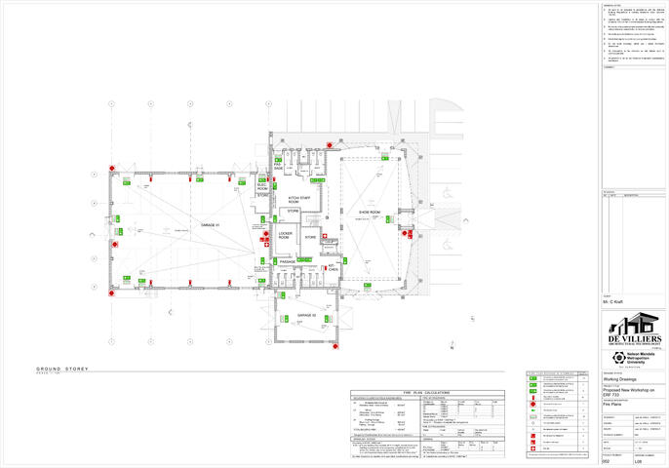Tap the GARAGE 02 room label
point(308,316)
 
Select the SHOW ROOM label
point(369,211)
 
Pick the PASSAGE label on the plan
point(288,261)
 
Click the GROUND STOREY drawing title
point(62,369)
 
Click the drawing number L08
point(640,460)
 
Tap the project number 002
point(608,460)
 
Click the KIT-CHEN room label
point(333,265)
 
